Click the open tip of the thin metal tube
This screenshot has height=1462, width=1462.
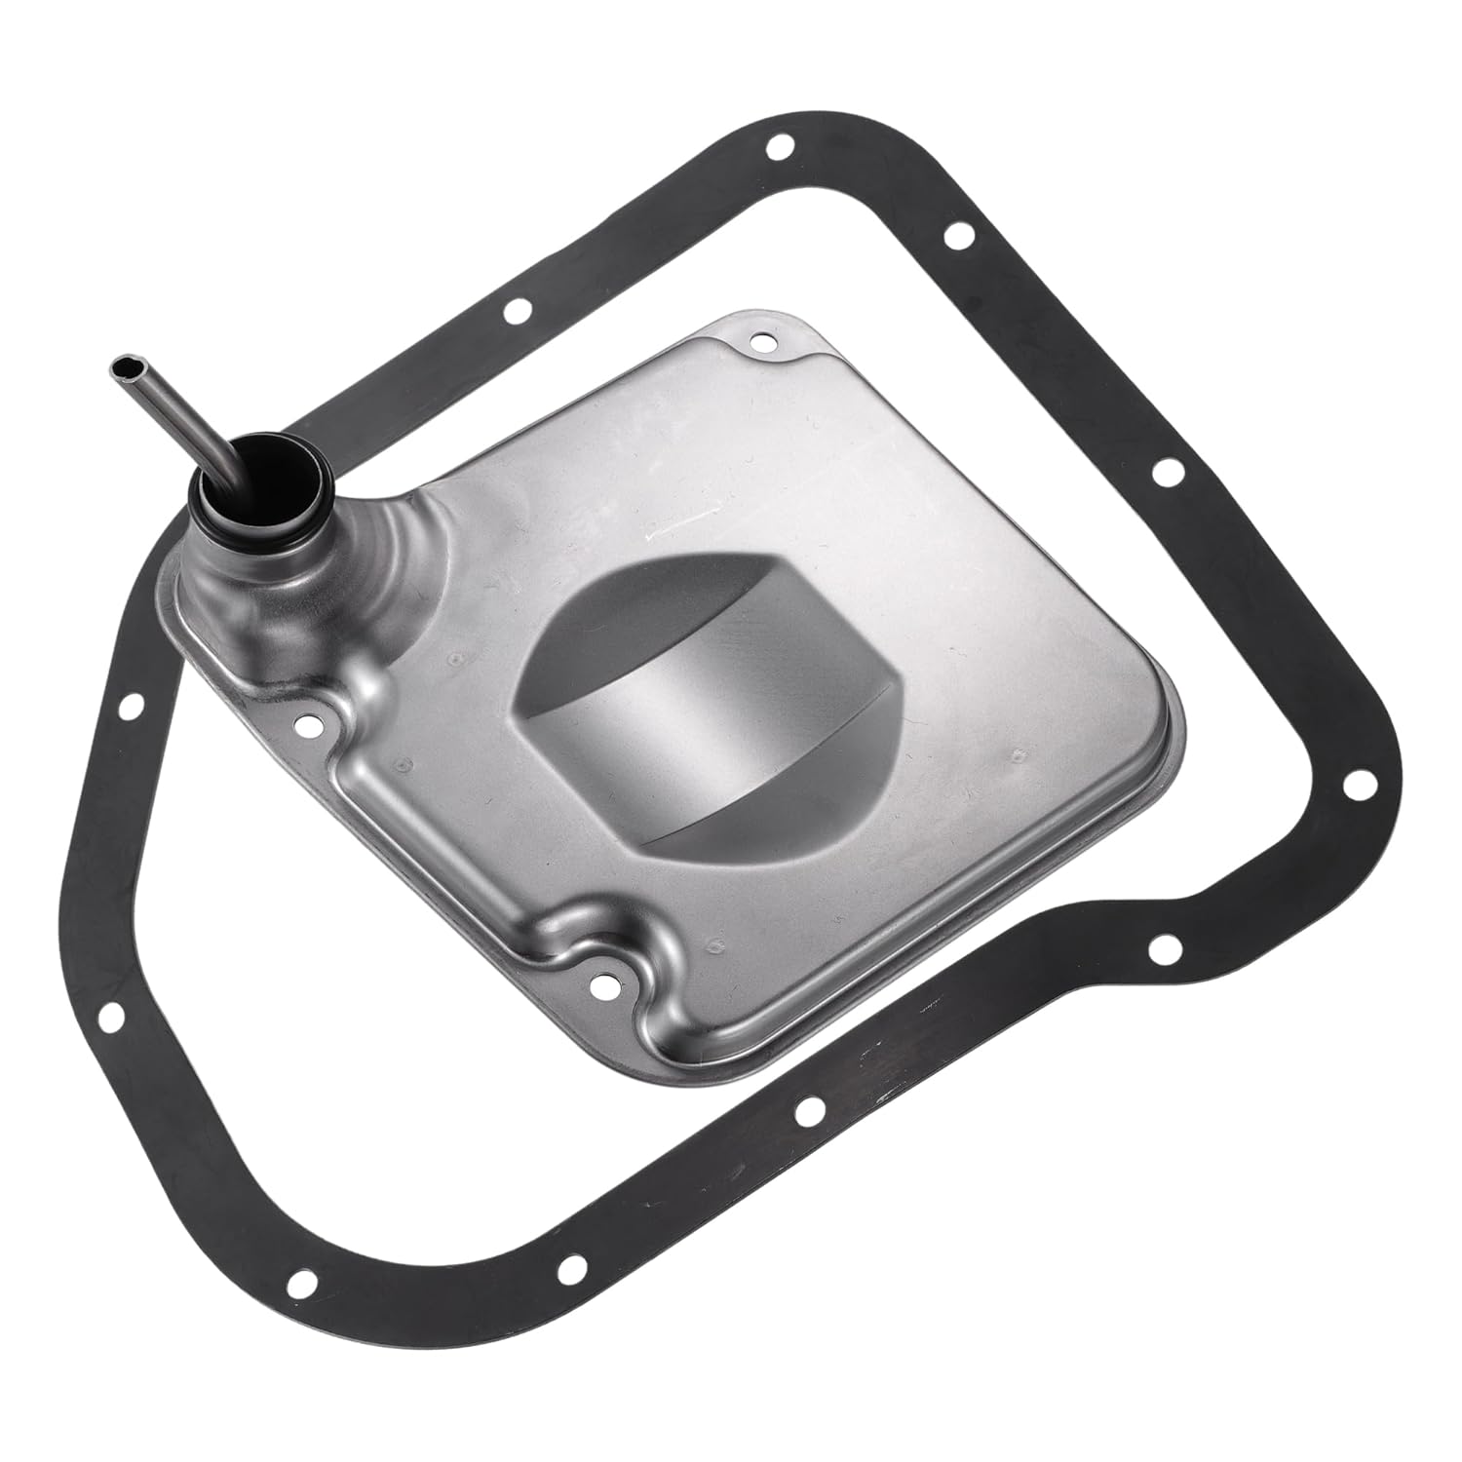[123, 366]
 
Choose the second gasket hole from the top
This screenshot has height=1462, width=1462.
[956, 236]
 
